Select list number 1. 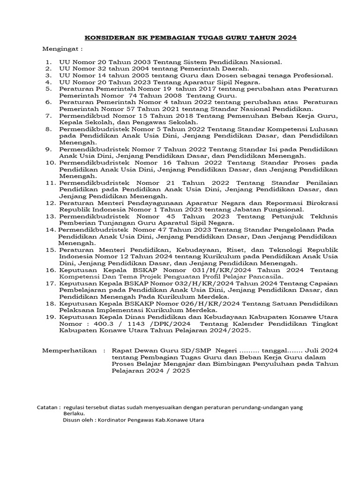tap(48, 62)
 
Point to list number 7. tap(48, 115)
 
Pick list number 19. tap(50, 317)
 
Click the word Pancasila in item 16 tap(266, 277)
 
